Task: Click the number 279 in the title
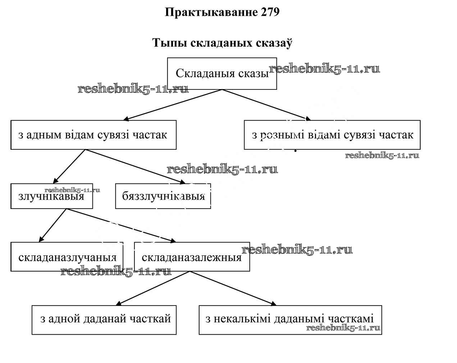pos(269,12)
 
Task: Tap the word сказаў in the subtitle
pos(274,43)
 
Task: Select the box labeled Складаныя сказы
pos(222,74)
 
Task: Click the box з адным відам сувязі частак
pos(93,135)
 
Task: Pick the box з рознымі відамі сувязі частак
pos(332,135)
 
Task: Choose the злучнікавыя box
pos(51,196)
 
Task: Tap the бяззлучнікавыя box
pos(163,196)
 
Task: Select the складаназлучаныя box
pos(67,257)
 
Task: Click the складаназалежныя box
pos(192,257)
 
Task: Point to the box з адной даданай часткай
pos(104,320)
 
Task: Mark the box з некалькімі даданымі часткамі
pos(290,320)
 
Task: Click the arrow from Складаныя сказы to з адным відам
pos(173,105)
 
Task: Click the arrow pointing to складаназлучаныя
pos(52,225)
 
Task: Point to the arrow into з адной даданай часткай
pos(153,288)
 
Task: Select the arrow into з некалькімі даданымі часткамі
pos(233,288)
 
